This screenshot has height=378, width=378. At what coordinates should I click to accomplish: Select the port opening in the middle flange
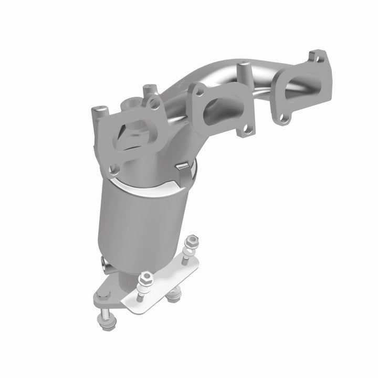218,103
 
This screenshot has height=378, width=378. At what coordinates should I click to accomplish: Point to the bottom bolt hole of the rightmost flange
283,119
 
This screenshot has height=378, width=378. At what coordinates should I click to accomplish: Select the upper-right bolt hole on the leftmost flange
154,104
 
